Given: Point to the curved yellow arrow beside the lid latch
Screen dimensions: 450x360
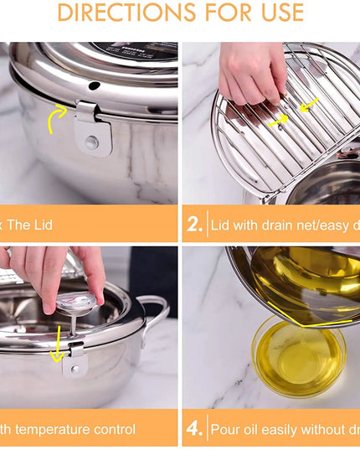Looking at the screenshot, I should click(x=57, y=118).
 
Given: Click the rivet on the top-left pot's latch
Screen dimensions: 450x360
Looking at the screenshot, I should click(x=91, y=143).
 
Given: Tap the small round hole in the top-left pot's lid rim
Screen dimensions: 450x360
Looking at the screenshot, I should click(x=95, y=85).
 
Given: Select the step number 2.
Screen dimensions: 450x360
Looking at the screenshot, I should click(x=194, y=225).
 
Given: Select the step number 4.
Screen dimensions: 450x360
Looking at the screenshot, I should click(x=194, y=429).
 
